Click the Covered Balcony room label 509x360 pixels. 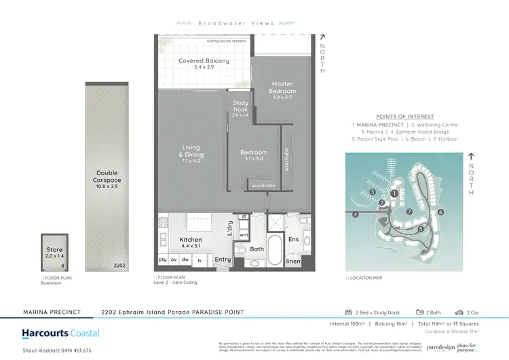point(204,61)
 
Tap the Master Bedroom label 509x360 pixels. point(282,88)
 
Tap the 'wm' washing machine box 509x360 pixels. point(244,234)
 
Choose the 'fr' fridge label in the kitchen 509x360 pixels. point(200,260)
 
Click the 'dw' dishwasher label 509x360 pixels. point(185,260)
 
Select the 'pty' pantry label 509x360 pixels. point(163,260)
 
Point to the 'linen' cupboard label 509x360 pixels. point(293,261)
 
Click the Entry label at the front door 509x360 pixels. point(223,259)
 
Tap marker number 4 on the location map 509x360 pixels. point(356,215)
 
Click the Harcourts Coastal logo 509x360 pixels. point(60,334)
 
